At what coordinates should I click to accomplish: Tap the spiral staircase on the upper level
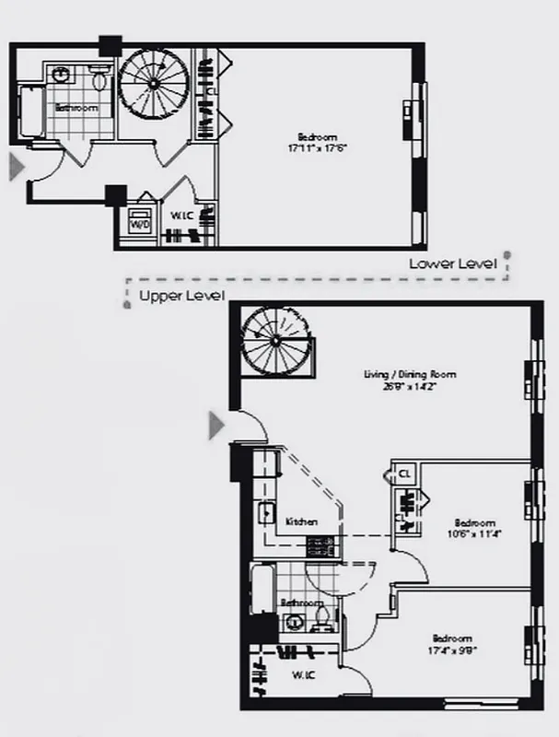click(274, 341)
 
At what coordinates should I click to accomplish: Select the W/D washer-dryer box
click(141, 224)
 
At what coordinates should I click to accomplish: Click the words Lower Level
click(453, 263)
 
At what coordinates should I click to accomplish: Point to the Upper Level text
click(181, 296)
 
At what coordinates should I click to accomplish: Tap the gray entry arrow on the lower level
click(15, 167)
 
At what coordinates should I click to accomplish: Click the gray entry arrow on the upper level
click(216, 425)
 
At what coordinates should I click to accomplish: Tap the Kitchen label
click(301, 521)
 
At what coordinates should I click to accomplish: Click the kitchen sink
click(268, 513)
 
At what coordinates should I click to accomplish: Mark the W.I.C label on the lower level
click(181, 218)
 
